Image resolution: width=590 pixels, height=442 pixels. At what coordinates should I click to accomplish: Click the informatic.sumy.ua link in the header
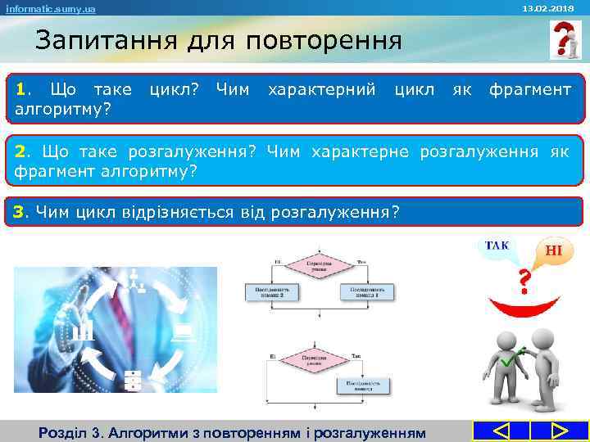click(51, 8)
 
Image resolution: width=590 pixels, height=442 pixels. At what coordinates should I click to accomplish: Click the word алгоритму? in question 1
click(64, 108)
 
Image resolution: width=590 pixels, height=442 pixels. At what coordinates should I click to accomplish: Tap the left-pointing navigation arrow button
click(502, 431)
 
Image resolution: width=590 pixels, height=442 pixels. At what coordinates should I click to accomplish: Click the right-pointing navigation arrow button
click(560, 431)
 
